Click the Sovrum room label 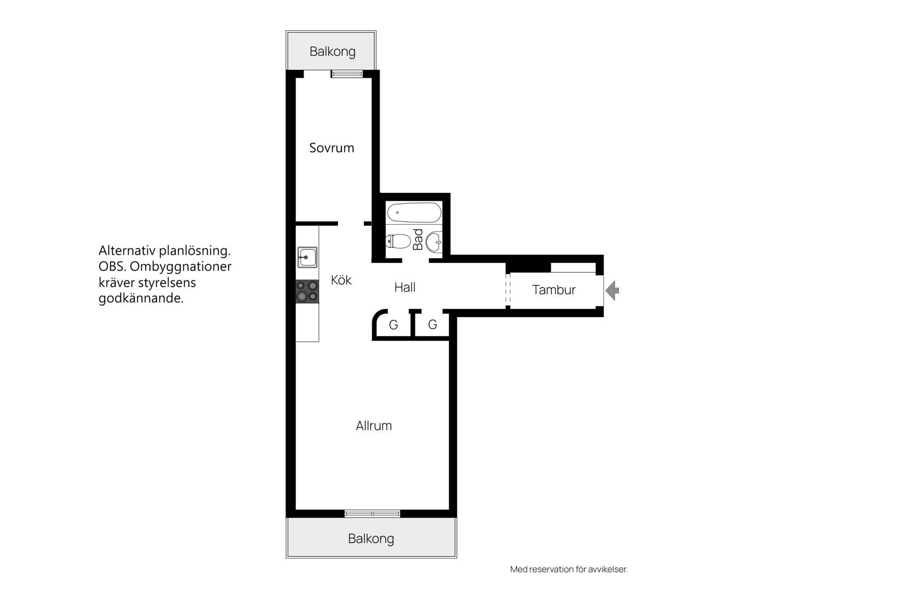(x=331, y=148)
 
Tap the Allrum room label (x=374, y=426)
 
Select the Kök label (x=341, y=280)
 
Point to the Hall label (x=405, y=287)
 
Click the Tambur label (x=554, y=290)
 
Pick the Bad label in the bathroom (x=418, y=239)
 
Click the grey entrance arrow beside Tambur (x=612, y=290)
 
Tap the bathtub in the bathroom (x=414, y=212)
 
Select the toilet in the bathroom (x=398, y=242)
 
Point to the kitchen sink (x=307, y=258)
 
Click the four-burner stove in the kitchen (x=307, y=291)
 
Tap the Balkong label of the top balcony (x=332, y=51)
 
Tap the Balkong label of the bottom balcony (x=371, y=538)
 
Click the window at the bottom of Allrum (x=372, y=513)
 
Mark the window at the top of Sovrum (x=347, y=74)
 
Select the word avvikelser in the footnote (x=608, y=569)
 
